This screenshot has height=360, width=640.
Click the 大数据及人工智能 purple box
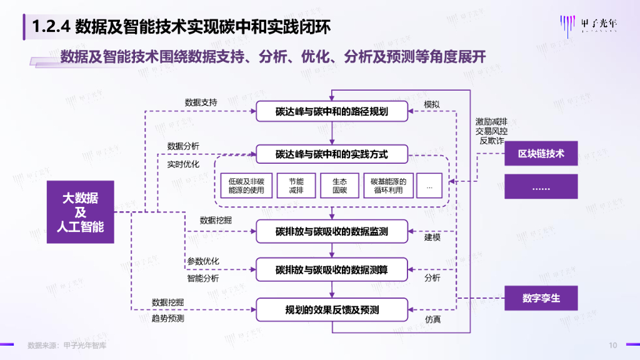[80, 212]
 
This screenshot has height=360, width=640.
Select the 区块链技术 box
[541, 153]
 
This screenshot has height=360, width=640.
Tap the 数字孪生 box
[541, 297]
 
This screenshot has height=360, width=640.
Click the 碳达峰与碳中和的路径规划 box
[332, 112]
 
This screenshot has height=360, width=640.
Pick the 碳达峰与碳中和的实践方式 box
[332, 153]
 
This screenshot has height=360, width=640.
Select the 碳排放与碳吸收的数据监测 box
[332, 231]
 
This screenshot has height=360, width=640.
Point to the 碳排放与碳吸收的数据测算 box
[332, 270]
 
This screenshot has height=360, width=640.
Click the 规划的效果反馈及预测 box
[332, 309]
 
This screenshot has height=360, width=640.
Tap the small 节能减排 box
[296, 186]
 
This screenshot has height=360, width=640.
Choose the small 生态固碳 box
[340, 186]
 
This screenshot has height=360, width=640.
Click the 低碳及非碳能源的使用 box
[246, 186]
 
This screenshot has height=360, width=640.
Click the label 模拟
[432, 104]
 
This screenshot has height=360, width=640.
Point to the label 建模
[432, 237]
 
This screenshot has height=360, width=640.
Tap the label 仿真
[432, 319]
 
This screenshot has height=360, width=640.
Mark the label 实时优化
[183, 164]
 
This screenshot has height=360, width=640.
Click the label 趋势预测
[168, 318]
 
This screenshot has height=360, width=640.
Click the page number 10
[613, 345]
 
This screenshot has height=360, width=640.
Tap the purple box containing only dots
[541, 187]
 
